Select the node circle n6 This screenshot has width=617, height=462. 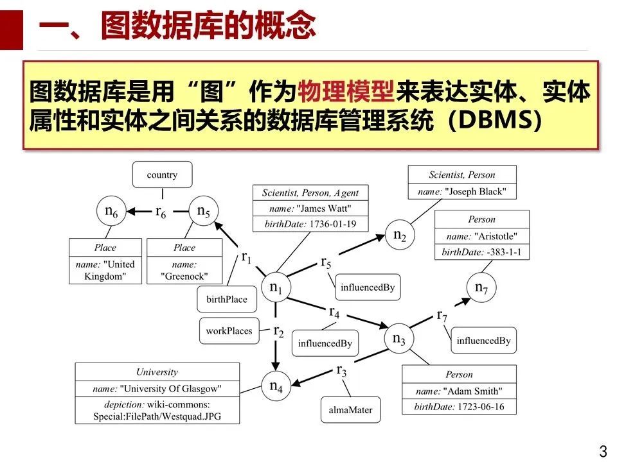pyautogui.click(x=111, y=210)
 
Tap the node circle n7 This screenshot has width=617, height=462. pyautogui.click(x=481, y=288)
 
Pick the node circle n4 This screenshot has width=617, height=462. pyautogui.click(x=276, y=386)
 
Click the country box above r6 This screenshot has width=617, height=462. pyautogui.click(x=162, y=175)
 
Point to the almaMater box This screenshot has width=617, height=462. pyautogui.click(x=352, y=409)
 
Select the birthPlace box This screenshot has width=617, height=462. pyautogui.click(x=227, y=299)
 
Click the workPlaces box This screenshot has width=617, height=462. pyautogui.click(x=229, y=331)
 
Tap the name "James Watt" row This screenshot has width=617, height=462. pyautogui.click(x=310, y=208)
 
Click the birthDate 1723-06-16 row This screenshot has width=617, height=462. pyautogui.click(x=459, y=407)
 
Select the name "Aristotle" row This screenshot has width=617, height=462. pyautogui.click(x=482, y=235)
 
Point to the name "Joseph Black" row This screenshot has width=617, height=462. pyautogui.click(x=462, y=191)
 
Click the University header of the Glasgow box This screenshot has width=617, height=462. pyautogui.click(x=157, y=372)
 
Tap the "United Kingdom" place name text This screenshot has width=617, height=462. pyautogui.click(x=106, y=269)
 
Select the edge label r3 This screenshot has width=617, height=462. pyautogui.click(x=341, y=370)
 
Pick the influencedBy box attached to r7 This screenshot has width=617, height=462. pyautogui.click(x=483, y=341)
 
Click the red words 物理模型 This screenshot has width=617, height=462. pyautogui.click(x=345, y=94)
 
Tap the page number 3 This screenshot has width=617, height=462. pyautogui.click(x=603, y=450)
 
